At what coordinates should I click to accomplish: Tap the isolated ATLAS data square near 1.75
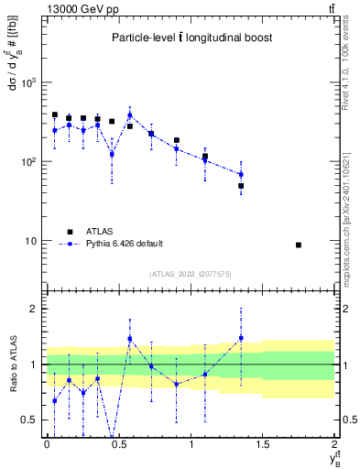pos(299,245)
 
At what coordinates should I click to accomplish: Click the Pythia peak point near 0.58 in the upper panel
pos(130,115)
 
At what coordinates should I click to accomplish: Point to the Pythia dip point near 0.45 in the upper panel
pos(112,154)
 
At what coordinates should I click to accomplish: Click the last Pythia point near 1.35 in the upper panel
pos(241,174)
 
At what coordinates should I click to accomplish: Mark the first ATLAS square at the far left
pos(55,115)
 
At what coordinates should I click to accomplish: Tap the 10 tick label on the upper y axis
pos(32,241)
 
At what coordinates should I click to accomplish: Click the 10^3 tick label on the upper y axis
pos(30,82)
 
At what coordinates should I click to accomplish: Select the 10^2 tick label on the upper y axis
pos(30,161)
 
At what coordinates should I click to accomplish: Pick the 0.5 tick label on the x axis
pos(119,444)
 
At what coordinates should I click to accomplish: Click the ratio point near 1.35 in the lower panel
pos(241,338)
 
